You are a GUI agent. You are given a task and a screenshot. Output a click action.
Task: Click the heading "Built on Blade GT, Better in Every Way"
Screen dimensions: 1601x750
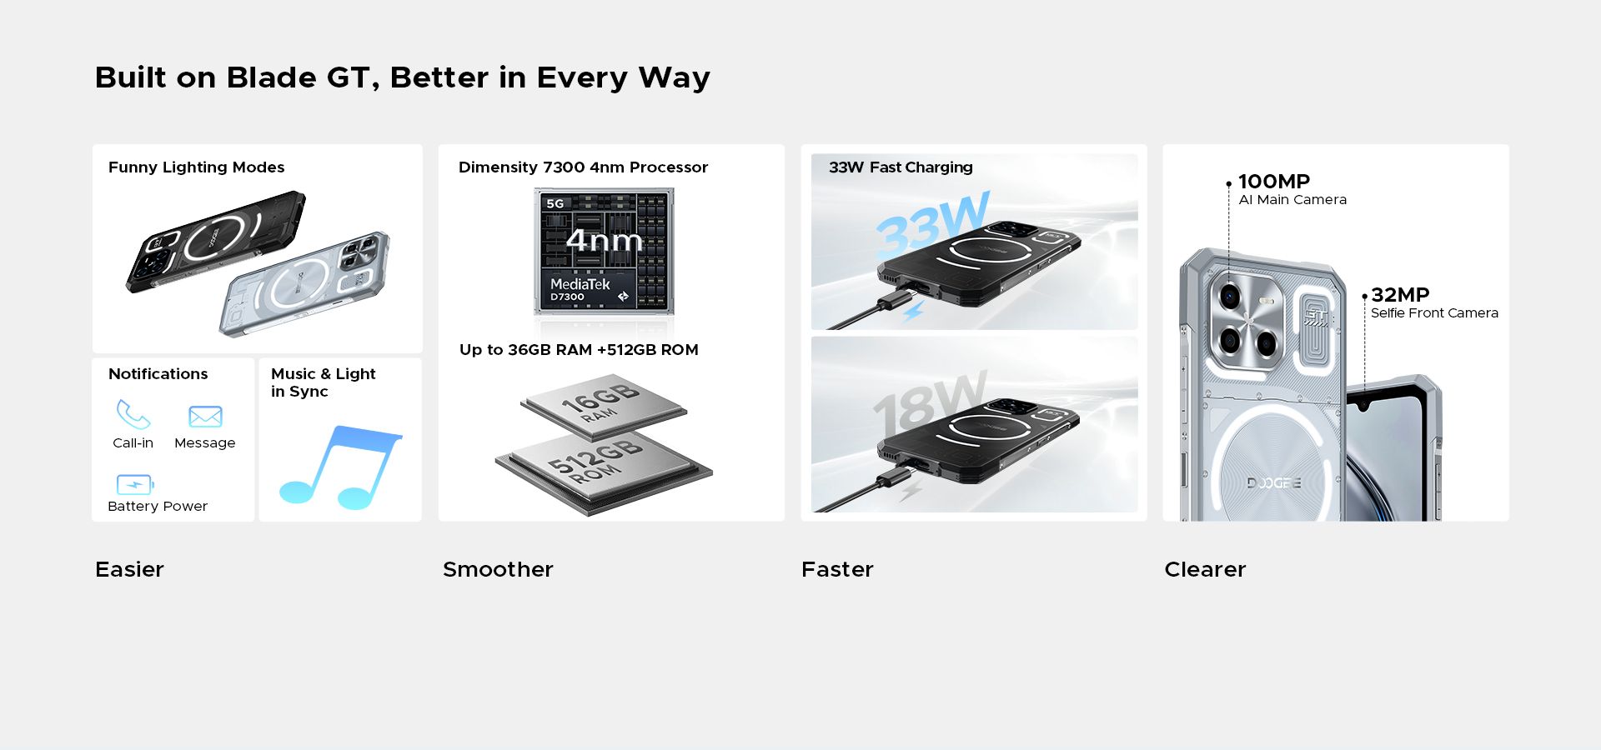(403, 77)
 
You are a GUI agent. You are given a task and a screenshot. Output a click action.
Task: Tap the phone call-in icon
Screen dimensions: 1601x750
(133, 414)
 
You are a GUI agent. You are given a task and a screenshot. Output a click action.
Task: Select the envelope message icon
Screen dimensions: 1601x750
(205, 417)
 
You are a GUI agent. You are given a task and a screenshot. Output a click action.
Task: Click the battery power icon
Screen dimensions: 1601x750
(135, 484)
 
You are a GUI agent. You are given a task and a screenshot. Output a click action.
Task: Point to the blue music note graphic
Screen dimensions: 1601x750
(340, 467)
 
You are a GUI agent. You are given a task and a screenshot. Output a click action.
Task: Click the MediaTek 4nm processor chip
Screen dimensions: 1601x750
(605, 251)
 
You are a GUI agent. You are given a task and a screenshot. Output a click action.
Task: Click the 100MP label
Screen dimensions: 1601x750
(1274, 181)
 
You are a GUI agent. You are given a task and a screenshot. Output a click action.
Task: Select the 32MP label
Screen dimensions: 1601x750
(1400, 295)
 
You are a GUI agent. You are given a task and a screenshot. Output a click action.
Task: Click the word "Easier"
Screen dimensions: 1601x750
(129, 569)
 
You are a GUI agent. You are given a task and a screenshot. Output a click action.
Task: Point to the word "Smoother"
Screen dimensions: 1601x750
(498, 569)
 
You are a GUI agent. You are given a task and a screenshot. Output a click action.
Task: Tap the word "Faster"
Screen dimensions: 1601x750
(837, 569)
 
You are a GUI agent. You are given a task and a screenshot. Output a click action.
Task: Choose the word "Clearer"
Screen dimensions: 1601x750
(1205, 569)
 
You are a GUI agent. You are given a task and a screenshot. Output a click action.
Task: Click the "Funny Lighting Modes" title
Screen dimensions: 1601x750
(197, 167)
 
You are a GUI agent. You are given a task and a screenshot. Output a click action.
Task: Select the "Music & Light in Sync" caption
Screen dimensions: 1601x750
(324, 382)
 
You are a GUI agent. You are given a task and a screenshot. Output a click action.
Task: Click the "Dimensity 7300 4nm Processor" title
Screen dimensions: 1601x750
(583, 167)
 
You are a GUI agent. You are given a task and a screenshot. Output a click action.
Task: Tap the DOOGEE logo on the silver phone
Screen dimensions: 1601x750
(1273, 483)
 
